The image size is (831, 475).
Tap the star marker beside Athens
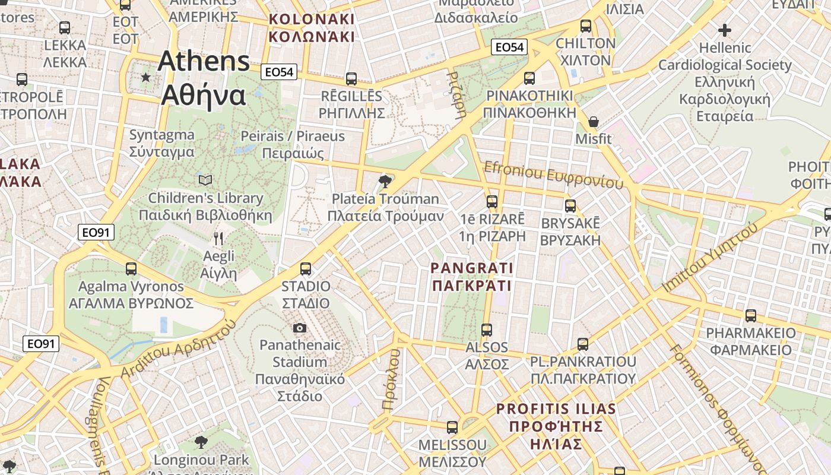(x=145, y=77)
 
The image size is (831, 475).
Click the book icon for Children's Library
(x=205, y=180)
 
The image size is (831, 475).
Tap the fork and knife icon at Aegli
(x=218, y=239)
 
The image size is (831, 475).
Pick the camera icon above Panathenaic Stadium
(x=300, y=328)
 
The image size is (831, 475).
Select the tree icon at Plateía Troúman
(x=385, y=180)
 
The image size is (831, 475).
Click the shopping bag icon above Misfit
(x=593, y=122)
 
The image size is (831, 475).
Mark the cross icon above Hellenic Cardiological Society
(x=724, y=30)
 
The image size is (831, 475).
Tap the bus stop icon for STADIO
(x=306, y=269)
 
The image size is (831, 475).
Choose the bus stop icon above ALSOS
(x=487, y=330)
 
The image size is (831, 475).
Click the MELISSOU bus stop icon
(x=452, y=427)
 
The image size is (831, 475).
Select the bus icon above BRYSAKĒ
(x=570, y=206)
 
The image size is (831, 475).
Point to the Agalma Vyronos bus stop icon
(x=131, y=269)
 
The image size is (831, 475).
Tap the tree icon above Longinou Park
(x=201, y=442)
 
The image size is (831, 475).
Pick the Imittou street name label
(x=710, y=256)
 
